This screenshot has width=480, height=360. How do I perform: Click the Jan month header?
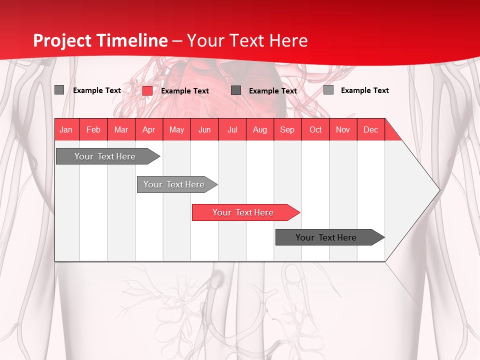[66, 129]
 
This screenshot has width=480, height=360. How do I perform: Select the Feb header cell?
[93, 129]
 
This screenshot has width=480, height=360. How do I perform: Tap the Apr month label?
[148, 129]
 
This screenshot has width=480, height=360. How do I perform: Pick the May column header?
[176, 129]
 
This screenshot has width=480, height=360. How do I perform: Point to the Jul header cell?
[232, 129]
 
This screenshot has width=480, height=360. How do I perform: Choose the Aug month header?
[259, 129]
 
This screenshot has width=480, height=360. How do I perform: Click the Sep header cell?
[287, 129]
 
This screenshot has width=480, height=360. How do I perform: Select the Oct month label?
[315, 129]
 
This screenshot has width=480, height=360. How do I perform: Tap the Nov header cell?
[343, 129]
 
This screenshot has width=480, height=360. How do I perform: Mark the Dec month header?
[370, 129]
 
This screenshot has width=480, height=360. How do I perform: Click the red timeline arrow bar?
[245, 212]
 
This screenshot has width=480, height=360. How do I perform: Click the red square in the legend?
[147, 90]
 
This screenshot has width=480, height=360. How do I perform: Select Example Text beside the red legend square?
[184, 91]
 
